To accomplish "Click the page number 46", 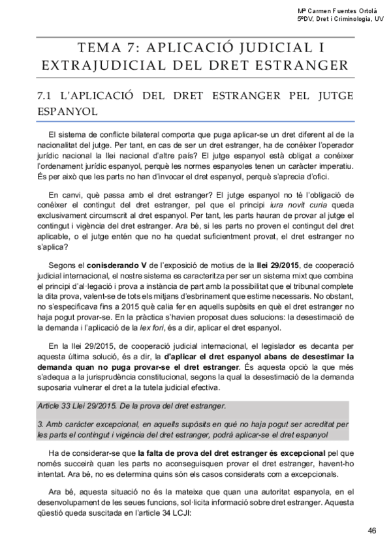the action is click(372, 530).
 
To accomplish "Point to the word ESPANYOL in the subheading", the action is click(68, 112).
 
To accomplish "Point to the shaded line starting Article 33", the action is click(131, 406).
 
